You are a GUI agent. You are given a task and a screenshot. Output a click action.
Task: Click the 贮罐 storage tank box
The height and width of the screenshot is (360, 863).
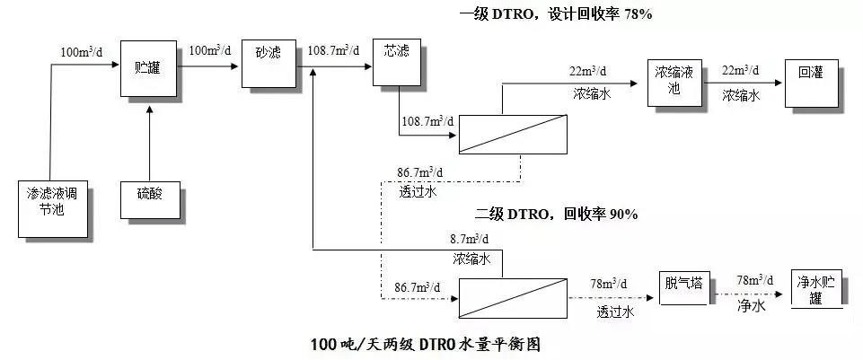[x=147, y=67]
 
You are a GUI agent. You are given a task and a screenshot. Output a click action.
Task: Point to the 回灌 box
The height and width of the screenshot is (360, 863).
[x=810, y=75]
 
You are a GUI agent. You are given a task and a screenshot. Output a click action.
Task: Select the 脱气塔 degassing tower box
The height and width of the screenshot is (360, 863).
[x=683, y=287]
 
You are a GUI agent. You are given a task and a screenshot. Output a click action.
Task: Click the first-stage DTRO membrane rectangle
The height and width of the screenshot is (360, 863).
[x=514, y=134]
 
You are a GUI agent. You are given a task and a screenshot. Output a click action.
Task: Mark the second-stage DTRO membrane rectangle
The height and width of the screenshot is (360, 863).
[x=513, y=297]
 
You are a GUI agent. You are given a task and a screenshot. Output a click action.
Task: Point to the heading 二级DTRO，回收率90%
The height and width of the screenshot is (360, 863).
[x=556, y=215]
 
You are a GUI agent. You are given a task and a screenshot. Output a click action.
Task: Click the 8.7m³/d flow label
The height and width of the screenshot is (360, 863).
[x=470, y=239]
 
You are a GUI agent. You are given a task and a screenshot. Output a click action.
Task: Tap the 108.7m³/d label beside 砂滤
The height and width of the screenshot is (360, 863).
[x=333, y=50]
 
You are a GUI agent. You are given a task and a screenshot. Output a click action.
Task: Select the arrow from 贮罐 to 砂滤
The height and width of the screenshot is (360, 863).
[x=208, y=63]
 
